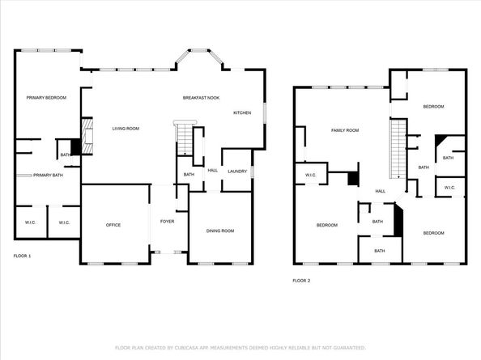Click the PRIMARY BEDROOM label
point(40,98)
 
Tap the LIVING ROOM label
point(126,129)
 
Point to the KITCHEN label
point(243,112)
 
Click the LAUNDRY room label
point(237,171)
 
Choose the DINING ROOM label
point(220,231)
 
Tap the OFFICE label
point(113,225)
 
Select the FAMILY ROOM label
point(345,129)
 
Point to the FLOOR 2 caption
point(301,281)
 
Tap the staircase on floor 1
point(184,140)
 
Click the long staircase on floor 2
point(398,148)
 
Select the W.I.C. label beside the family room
point(310,175)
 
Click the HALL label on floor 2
point(380,191)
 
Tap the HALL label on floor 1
point(213,171)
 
